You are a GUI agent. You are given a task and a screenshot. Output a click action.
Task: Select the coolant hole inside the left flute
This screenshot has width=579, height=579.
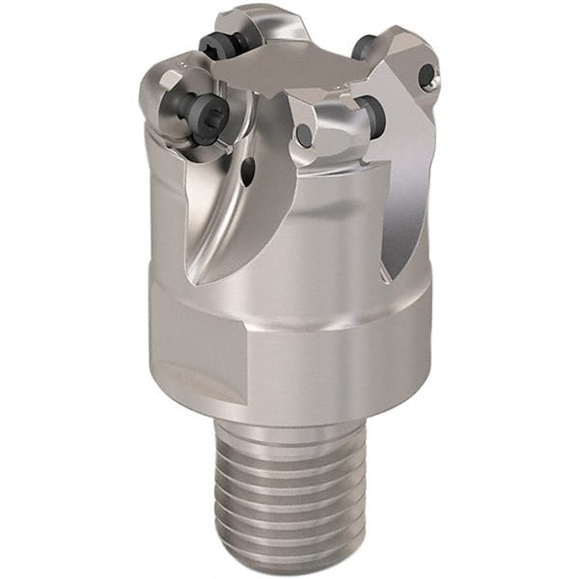248,172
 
